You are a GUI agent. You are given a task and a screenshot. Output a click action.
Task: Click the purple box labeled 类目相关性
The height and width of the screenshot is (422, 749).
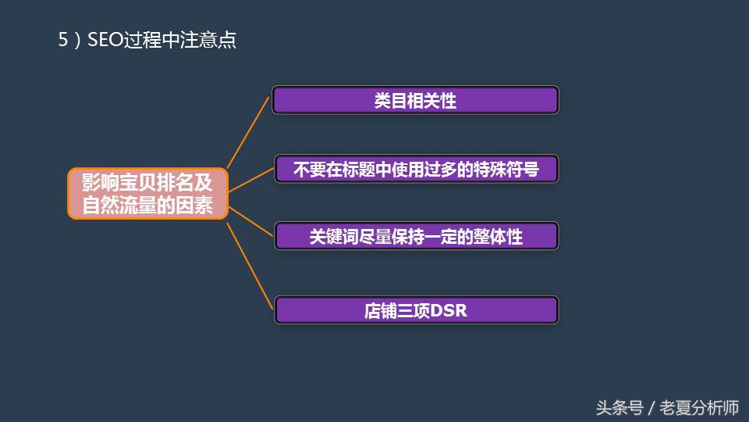415,100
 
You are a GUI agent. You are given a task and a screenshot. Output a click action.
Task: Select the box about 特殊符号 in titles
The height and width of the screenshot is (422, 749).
416,169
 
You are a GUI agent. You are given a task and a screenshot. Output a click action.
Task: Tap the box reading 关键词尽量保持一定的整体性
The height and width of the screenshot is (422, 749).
416,237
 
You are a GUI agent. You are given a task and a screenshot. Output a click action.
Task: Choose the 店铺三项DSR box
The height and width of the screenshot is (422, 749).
416,310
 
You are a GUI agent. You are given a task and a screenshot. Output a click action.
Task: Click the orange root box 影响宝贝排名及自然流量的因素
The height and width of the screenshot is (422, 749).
147,193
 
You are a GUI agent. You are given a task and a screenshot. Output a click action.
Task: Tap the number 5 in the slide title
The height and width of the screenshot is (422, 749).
63,41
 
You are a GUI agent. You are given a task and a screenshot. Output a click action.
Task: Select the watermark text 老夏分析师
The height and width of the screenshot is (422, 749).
699,408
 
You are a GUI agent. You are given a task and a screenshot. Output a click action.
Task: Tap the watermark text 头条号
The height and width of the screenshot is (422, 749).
619,408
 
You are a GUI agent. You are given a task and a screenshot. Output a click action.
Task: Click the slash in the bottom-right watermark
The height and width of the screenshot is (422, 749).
651,408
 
